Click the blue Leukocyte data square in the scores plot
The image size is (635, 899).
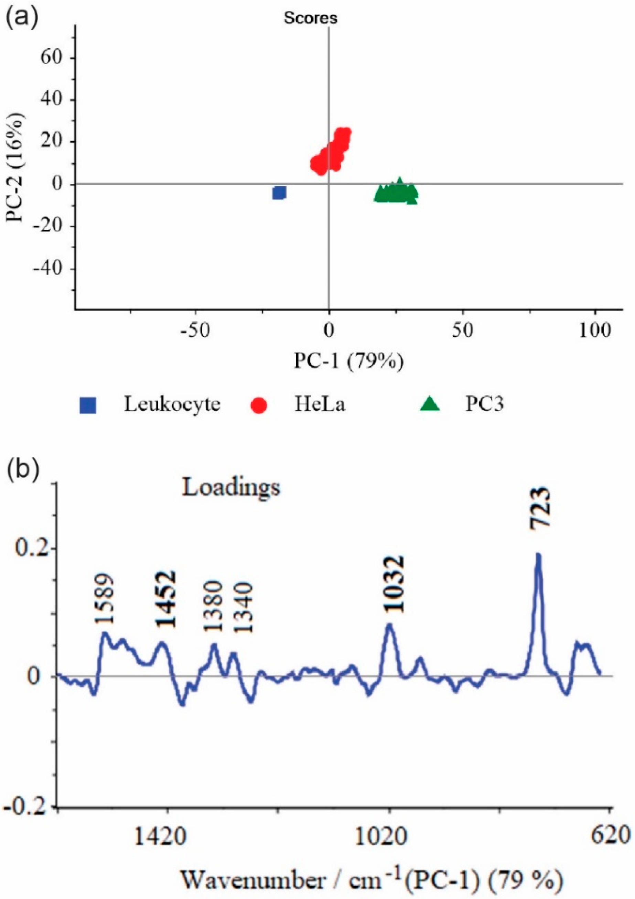(279, 193)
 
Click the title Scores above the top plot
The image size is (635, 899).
(311, 19)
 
